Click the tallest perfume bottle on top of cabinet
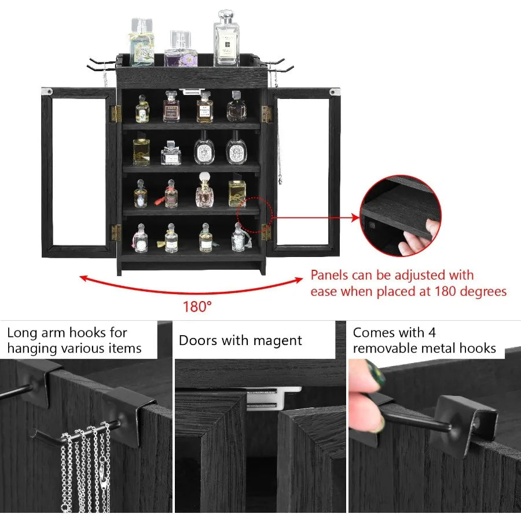click(226, 41)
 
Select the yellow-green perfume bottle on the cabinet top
click(141, 45)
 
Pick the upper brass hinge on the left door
click(116, 114)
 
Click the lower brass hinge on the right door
click(266, 232)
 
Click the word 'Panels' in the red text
click(331, 275)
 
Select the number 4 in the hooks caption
click(448, 333)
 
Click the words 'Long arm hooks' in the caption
click(58, 333)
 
